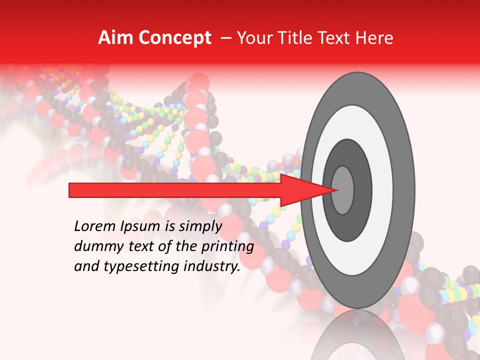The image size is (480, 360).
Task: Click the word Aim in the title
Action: click(x=114, y=38)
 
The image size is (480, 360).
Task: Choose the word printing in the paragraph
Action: click(x=227, y=246)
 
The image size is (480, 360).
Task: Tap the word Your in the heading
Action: click(x=253, y=38)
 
